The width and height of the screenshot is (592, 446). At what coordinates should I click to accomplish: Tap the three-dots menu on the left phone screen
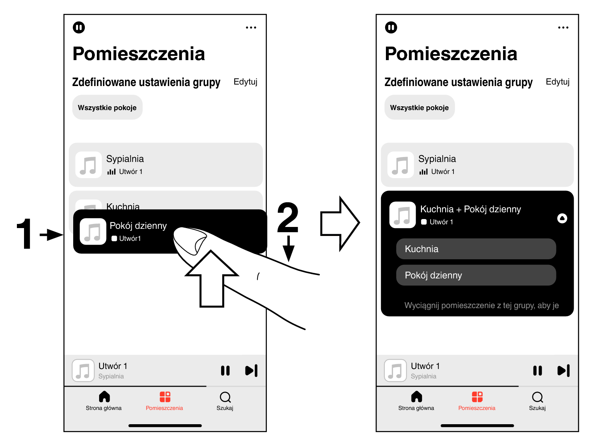(x=251, y=27)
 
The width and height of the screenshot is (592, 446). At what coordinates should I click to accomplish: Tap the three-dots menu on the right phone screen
(x=563, y=27)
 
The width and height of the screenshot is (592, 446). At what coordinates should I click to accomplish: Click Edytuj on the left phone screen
(x=246, y=82)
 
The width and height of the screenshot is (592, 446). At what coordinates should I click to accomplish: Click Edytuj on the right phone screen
(x=557, y=82)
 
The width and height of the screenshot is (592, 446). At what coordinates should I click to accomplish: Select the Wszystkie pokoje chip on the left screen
(x=107, y=107)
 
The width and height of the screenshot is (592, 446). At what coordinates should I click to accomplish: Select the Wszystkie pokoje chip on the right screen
(x=419, y=107)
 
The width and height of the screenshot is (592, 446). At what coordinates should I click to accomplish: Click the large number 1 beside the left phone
(x=24, y=234)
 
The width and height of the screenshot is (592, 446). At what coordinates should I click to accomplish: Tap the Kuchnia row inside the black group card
(x=476, y=249)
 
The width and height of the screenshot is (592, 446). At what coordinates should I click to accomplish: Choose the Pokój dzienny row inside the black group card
(x=476, y=275)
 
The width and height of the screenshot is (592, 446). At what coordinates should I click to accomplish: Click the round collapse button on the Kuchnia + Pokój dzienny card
(x=562, y=218)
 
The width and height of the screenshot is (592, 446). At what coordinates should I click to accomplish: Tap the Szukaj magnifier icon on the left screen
(x=225, y=397)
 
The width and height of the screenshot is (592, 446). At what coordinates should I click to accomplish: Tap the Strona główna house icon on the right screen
(x=416, y=397)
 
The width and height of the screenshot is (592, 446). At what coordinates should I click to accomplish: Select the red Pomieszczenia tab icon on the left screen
(x=165, y=397)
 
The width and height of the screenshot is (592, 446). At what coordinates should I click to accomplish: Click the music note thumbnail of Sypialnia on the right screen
(x=401, y=165)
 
